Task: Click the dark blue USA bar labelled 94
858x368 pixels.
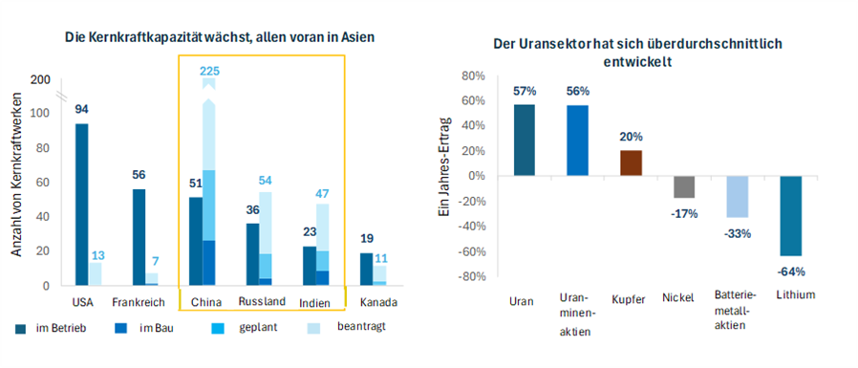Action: point(82,204)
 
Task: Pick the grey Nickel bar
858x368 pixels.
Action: point(683,186)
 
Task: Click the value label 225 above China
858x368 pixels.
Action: point(208,71)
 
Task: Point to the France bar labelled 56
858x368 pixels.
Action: point(139,236)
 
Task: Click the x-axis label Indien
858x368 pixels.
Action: point(314,302)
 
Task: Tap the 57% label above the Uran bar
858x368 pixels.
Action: point(524,91)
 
